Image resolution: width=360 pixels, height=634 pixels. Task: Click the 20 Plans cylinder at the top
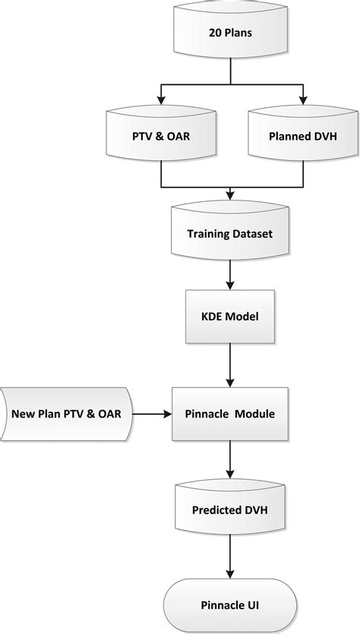(230, 33)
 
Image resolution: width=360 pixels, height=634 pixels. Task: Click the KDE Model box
(230, 314)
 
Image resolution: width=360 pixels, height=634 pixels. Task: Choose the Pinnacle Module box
(230, 415)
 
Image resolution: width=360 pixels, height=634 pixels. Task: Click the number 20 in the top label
(215, 33)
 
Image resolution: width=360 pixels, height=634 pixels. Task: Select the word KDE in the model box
(213, 314)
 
